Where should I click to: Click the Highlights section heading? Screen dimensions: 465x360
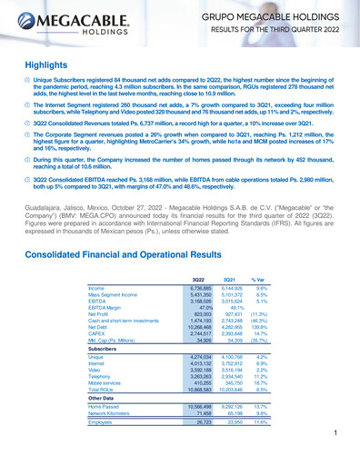coord(40,66)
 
